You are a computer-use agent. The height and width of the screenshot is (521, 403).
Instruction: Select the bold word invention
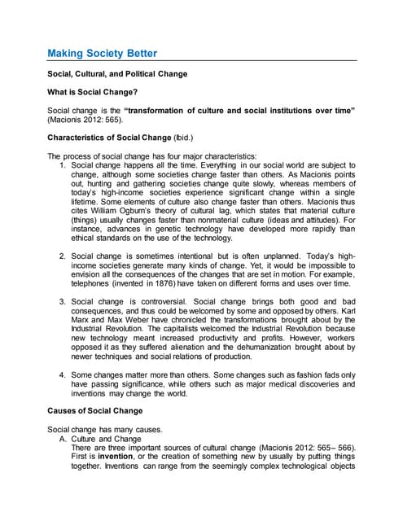coord(114,457)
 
